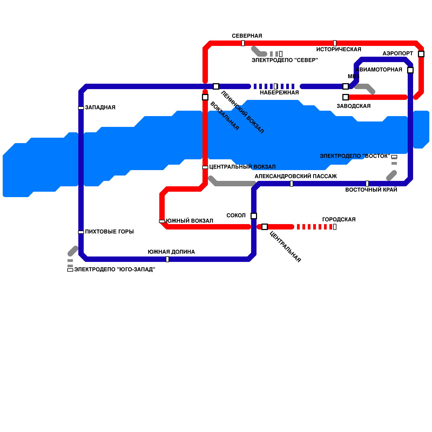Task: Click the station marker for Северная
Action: point(243,43)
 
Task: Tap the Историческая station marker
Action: point(335,43)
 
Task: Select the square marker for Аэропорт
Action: point(421,54)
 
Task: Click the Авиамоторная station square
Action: point(410,70)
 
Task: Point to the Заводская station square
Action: point(346,97)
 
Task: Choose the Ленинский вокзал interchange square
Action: point(216,86)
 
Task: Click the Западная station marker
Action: point(81,108)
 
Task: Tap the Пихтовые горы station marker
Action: point(81,232)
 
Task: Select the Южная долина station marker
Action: point(167,259)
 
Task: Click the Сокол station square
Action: point(254,216)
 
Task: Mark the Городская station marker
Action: point(335,227)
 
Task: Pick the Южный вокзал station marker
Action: point(162,221)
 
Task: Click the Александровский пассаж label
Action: point(296,176)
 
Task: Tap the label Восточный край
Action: point(371,190)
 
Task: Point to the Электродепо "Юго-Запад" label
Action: point(114,269)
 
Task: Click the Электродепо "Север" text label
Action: point(285,60)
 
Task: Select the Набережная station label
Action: point(279,93)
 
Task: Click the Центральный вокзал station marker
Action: point(205,167)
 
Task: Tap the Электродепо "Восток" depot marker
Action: point(394,157)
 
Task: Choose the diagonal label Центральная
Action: point(285,247)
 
